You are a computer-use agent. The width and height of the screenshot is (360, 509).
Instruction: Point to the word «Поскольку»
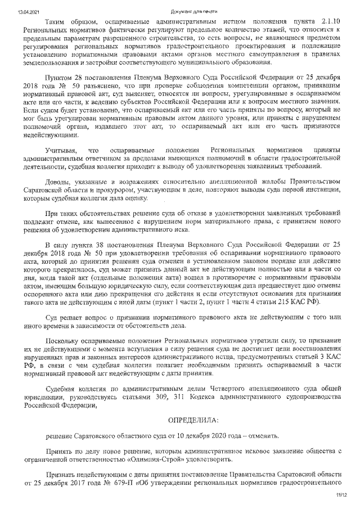pyautogui.click(x=65, y=341)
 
